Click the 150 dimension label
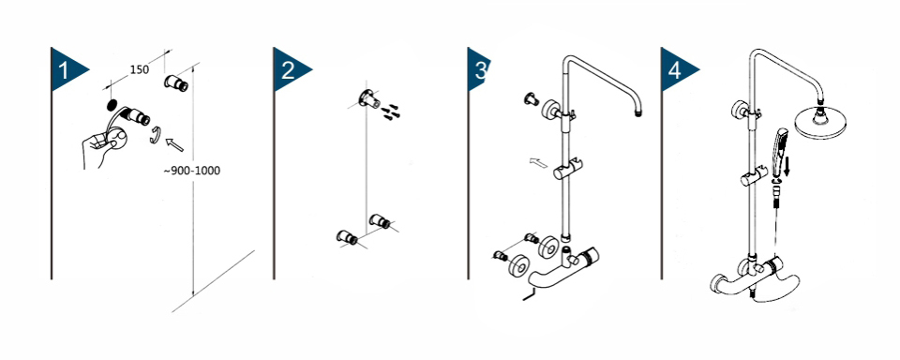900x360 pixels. click(x=140, y=69)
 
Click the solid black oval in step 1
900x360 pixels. click(x=112, y=106)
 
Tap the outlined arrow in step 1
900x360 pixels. click(x=174, y=144)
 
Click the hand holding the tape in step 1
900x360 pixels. click(x=103, y=146)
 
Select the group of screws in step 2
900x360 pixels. click(x=392, y=112)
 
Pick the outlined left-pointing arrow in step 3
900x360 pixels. click(x=538, y=164)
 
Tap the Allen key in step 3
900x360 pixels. click(x=529, y=294)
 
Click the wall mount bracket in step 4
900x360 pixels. click(x=740, y=109)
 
